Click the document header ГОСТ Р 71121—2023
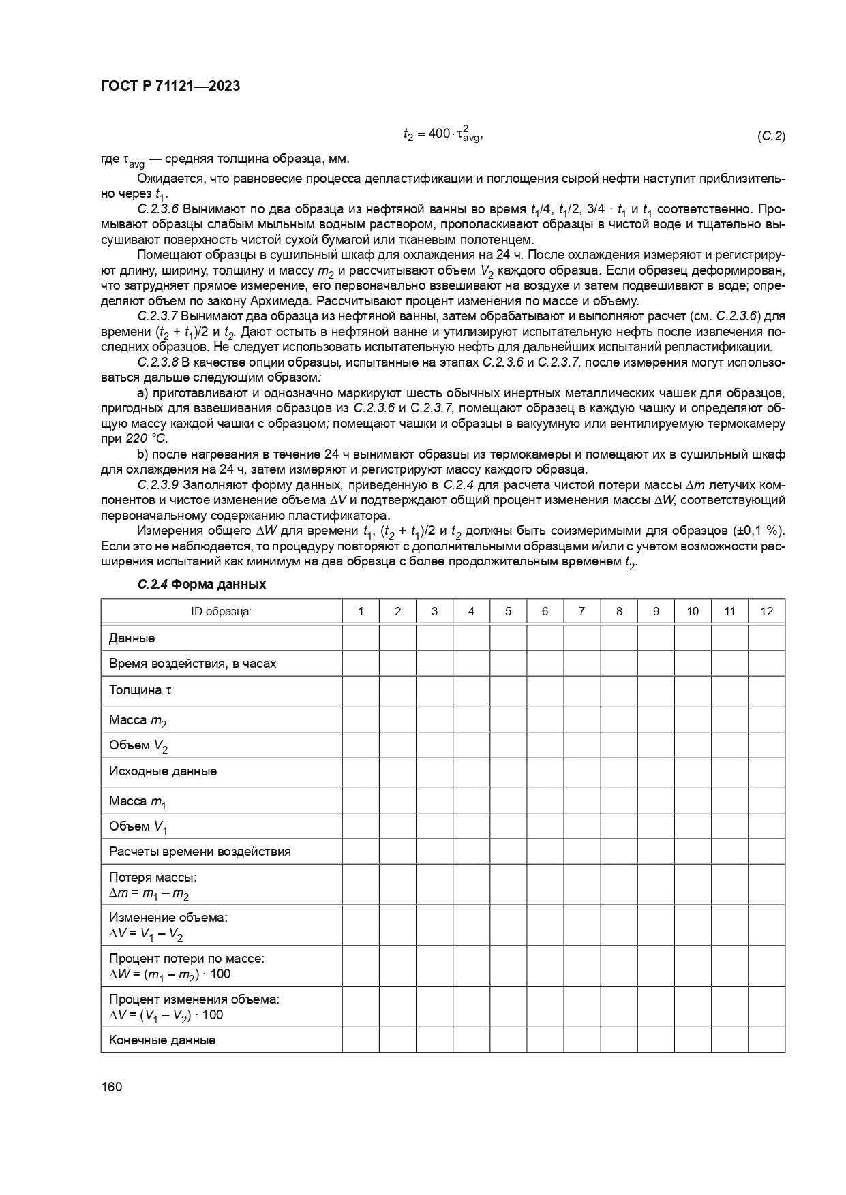(x=170, y=87)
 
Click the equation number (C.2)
(x=771, y=136)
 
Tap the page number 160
(x=111, y=1087)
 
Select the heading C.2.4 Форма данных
(x=201, y=584)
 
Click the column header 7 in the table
(x=581, y=611)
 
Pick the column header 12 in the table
(x=766, y=611)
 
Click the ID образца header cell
(x=221, y=611)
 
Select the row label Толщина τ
(x=140, y=690)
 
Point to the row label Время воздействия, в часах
(x=192, y=663)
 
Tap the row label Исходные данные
(x=163, y=771)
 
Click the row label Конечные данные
(x=162, y=1040)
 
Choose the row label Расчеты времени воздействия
(x=200, y=851)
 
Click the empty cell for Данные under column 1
(x=360, y=638)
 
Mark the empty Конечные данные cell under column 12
(x=766, y=1040)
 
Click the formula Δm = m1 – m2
(x=149, y=893)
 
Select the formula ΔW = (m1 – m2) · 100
(x=170, y=974)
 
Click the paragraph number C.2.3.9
(x=157, y=484)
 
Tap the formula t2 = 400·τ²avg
(x=442, y=134)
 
